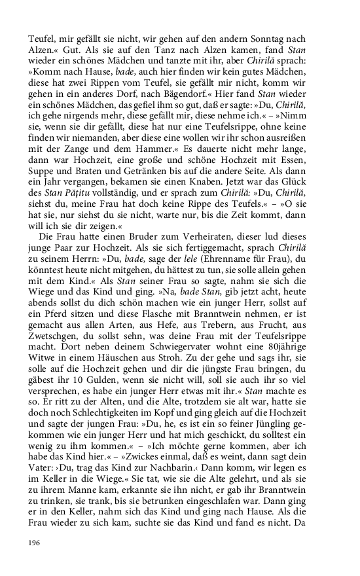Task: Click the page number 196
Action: [35, 543]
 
